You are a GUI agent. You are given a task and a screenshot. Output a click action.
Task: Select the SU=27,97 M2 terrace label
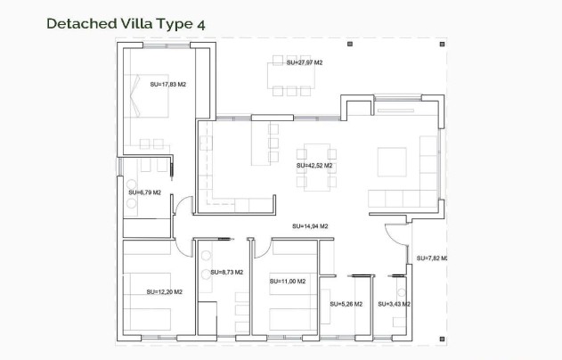click(304, 63)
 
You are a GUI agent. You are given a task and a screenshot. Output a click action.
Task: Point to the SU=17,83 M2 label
click(167, 85)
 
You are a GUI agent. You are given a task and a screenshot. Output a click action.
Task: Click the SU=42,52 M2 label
click(314, 165)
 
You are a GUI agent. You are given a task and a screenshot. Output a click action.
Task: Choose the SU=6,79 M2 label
click(144, 192)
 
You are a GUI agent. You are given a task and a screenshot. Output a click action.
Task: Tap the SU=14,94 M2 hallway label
click(310, 226)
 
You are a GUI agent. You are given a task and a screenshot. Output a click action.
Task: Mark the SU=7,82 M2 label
click(431, 258)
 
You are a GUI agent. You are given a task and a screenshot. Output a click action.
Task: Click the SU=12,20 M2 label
click(164, 291)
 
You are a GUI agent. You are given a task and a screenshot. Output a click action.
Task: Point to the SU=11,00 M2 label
click(287, 282)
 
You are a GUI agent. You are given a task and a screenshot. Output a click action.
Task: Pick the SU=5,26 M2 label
click(346, 304)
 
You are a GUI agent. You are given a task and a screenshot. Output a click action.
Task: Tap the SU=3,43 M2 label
click(395, 304)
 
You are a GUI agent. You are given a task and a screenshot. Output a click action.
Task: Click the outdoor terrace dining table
click(292, 76)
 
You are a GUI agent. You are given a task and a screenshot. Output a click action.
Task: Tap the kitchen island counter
click(264, 143)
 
